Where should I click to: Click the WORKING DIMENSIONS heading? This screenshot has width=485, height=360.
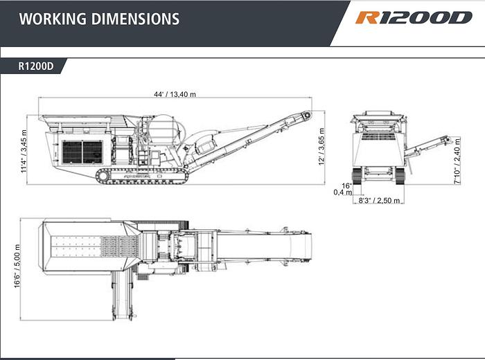pyautogui.click(x=99, y=19)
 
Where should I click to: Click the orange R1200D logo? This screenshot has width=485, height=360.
pyautogui.click(x=414, y=18)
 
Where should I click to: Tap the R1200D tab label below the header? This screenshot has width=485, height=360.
pyautogui.click(x=37, y=67)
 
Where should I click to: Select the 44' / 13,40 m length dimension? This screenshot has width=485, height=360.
pyautogui.click(x=175, y=94)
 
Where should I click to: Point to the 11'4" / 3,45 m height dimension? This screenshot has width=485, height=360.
pyautogui.click(x=24, y=150)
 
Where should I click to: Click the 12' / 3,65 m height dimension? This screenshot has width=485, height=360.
pyautogui.click(x=321, y=146)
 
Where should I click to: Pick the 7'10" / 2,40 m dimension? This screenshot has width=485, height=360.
pyautogui.click(x=457, y=161)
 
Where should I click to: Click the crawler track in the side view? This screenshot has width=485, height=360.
pyautogui.click(x=142, y=176)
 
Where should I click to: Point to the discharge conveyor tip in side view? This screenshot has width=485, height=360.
pyautogui.click(x=305, y=115)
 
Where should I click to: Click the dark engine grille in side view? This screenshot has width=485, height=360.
pyautogui.click(x=82, y=152)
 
